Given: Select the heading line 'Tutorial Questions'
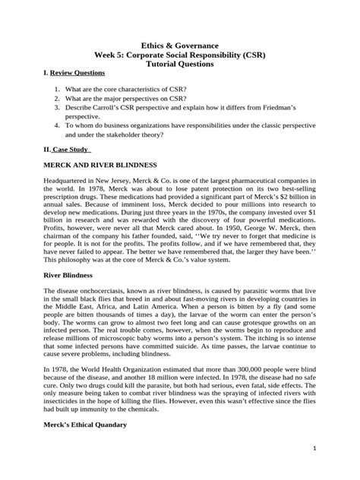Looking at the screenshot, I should [180, 65].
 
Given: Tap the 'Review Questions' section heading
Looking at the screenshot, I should [73, 78].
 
